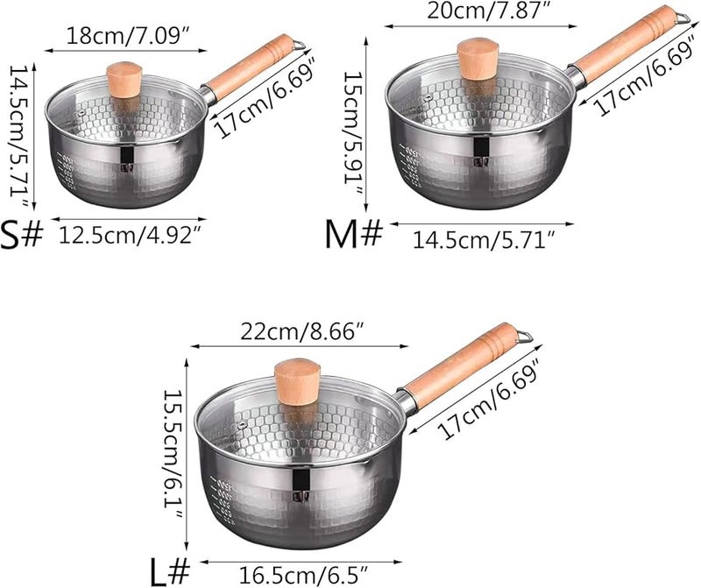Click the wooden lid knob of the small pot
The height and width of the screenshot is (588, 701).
[124, 79]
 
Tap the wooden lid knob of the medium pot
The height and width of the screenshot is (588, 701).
[478, 59]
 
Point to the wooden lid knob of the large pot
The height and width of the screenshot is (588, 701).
[298, 382]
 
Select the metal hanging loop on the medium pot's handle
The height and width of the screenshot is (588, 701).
[682, 15]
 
